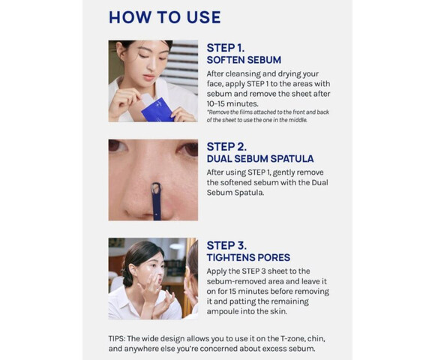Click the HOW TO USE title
click(165, 17)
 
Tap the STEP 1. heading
click(226, 48)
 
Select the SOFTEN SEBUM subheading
click(244, 60)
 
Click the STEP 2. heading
click(226, 147)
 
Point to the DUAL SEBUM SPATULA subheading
click(260, 159)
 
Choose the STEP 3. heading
click(226, 245)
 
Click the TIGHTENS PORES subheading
click(248, 257)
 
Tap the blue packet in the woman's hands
click(157, 110)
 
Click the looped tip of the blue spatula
click(156, 188)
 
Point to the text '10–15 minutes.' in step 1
click(232, 103)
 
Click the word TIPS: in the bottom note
click(117, 339)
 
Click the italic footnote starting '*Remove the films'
click(268, 116)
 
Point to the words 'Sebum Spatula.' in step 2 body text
click(235, 193)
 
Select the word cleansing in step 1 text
click(243, 74)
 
